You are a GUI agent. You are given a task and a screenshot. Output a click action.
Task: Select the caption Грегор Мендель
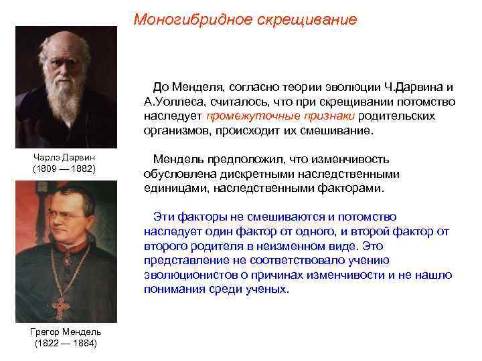point(65,332)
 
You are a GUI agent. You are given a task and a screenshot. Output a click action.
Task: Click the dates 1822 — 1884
point(65,343)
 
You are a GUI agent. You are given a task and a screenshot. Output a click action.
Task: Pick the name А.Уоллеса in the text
point(171,102)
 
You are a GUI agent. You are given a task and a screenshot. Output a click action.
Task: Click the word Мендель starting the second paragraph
point(178,160)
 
